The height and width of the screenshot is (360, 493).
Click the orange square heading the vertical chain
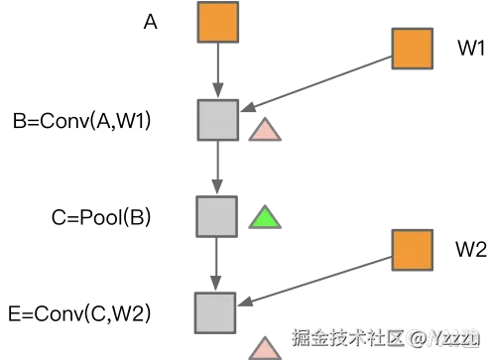point(217,23)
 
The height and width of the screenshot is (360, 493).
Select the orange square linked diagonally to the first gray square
point(412,48)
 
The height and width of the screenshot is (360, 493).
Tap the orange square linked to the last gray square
point(412,249)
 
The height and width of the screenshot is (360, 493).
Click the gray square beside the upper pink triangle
point(216,120)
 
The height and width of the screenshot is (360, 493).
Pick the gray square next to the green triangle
point(215,215)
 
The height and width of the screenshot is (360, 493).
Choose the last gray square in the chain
point(214,311)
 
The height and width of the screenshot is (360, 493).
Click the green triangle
point(264,217)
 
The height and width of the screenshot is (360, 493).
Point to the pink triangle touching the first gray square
point(265,130)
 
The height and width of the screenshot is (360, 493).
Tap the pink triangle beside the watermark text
point(265,348)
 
